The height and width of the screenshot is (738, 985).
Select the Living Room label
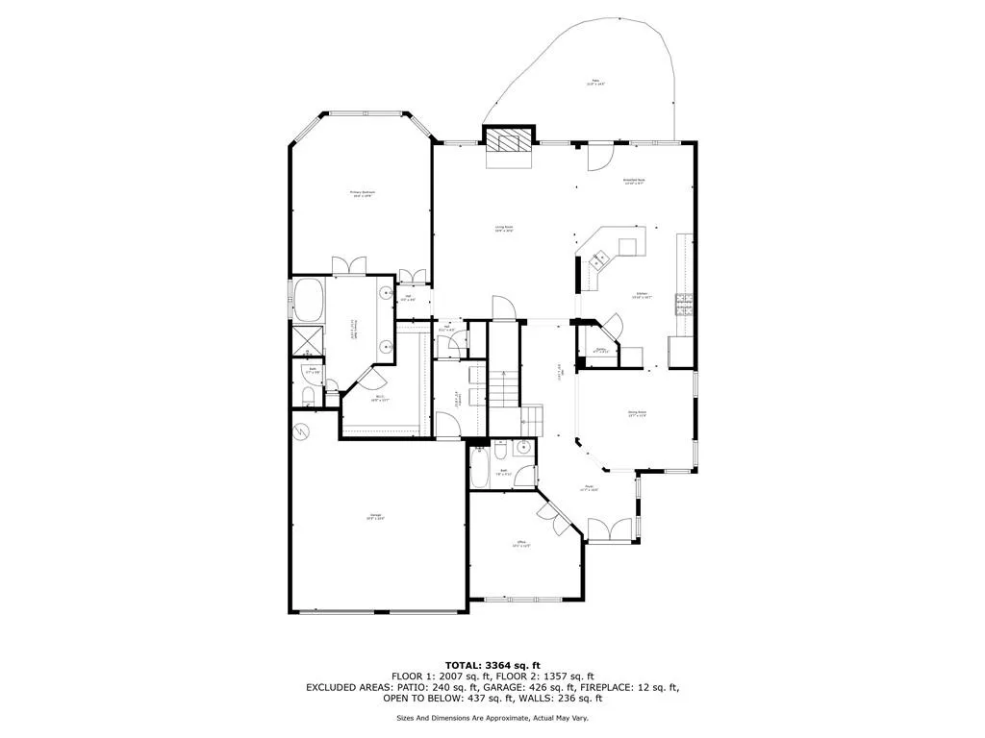[504, 230]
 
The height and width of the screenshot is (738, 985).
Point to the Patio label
[596, 84]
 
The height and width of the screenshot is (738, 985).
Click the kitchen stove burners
[684, 305]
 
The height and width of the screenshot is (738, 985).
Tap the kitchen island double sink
[600, 258]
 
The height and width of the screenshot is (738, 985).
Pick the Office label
[523, 545]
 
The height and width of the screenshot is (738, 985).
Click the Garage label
[375, 520]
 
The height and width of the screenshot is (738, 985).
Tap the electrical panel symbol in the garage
[303, 431]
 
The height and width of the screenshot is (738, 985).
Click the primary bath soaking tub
[310, 300]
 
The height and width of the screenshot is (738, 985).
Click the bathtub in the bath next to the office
[478, 472]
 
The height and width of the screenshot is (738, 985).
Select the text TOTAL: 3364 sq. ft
[492, 665]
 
